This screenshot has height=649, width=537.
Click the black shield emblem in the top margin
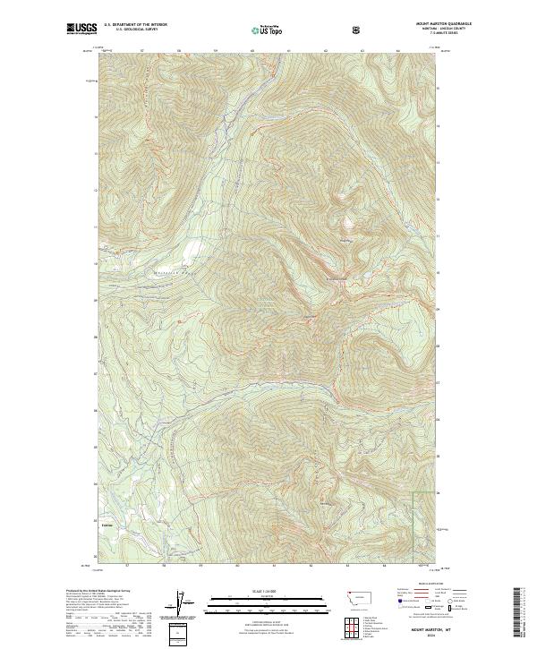pos(358,30)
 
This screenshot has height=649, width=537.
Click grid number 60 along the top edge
pos(252,50)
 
